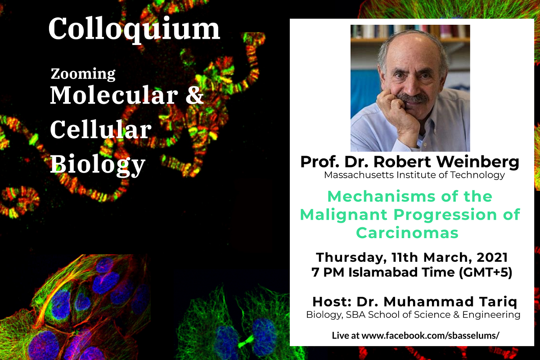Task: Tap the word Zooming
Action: tap(83, 75)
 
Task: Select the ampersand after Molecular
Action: tap(194, 95)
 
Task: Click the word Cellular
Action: tap(101, 129)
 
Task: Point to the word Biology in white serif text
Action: tap(98, 164)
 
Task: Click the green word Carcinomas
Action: tap(407, 233)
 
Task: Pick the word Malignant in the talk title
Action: tap(344, 215)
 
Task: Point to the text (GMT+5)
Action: tap(485, 272)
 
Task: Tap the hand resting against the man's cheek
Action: tap(396, 108)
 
